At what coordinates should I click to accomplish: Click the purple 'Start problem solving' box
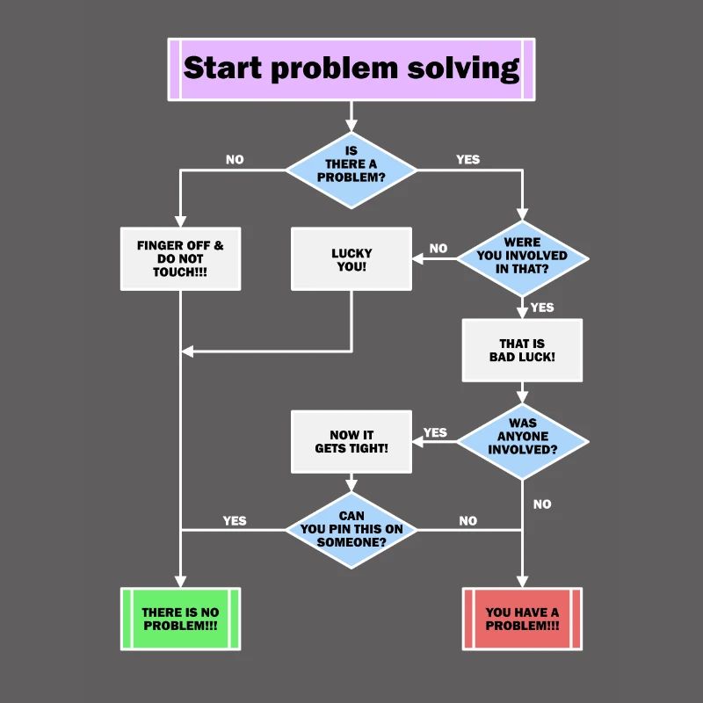point(351,69)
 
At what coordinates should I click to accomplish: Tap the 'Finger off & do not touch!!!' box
point(180,258)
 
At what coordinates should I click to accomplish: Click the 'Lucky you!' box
point(351,258)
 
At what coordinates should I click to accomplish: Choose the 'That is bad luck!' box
point(522,350)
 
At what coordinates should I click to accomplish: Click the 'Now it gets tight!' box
point(351,442)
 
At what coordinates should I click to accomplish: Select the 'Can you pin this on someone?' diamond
point(351,529)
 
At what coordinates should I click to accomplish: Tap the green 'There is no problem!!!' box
point(180,619)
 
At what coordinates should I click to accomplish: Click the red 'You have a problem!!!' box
point(522,619)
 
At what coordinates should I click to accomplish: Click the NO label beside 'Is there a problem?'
point(235,160)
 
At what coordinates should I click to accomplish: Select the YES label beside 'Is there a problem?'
point(467,160)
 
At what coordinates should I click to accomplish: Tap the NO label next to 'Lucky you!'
point(438,249)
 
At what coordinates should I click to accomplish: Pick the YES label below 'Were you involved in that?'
point(542,308)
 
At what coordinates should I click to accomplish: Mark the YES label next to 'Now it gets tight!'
point(435,432)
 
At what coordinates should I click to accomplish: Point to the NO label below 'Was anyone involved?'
point(542,504)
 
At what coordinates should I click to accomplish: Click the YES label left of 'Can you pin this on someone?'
point(235,520)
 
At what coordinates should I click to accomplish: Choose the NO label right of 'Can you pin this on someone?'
point(467,520)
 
